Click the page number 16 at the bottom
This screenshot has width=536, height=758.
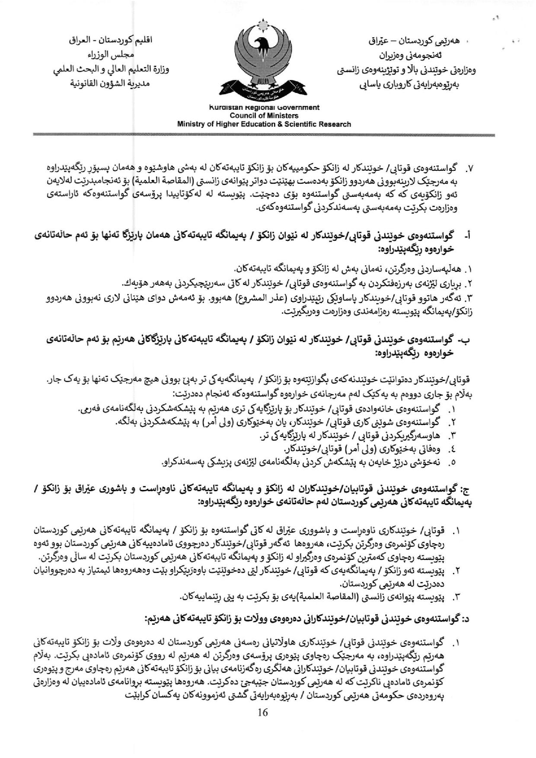coord(262,712)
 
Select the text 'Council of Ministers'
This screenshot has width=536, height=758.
coord(264,115)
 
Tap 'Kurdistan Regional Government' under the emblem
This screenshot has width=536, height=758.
coord(264,108)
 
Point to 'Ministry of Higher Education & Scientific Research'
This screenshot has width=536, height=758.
coord(264,124)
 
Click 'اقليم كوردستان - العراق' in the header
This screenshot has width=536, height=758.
coord(112,41)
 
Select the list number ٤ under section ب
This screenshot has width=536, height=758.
coord(453,449)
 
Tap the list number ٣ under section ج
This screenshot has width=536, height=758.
coord(454,598)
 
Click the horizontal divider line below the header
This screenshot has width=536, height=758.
coord(264,135)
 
